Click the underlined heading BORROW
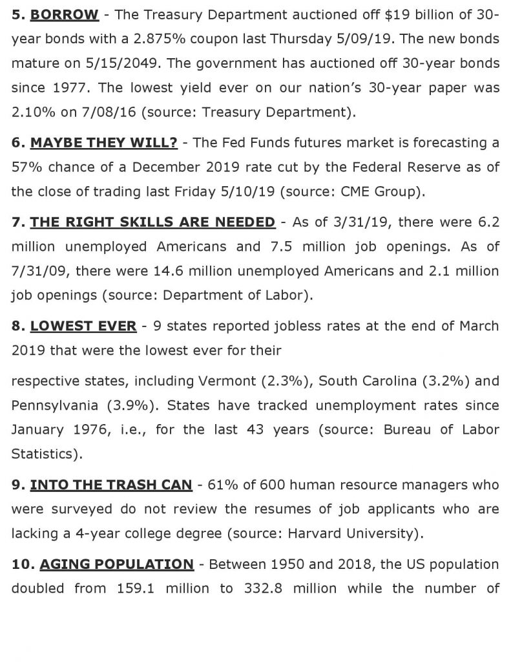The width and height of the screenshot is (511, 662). click(65, 15)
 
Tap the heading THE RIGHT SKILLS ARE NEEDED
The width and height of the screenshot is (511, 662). click(152, 222)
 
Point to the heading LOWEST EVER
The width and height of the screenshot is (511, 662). click(83, 326)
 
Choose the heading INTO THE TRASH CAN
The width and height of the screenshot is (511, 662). click(111, 484)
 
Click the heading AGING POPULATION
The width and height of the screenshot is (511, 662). click(116, 564)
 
